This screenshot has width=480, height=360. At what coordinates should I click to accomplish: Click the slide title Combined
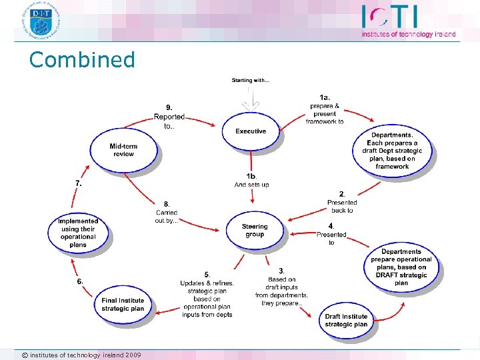[82, 60]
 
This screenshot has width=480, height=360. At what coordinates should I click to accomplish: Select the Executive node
[251, 131]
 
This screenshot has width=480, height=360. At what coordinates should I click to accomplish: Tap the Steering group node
[255, 230]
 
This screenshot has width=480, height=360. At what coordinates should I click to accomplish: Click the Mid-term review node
[123, 150]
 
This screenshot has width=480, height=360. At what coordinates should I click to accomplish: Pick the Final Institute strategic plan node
[123, 305]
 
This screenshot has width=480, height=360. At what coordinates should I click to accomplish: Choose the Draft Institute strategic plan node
[346, 321]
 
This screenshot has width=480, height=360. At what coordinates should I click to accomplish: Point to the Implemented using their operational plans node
[78, 233]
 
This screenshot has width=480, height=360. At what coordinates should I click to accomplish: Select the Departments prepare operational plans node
[401, 267]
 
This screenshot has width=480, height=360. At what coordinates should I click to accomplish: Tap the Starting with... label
[251, 81]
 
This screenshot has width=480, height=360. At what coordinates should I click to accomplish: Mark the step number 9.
[169, 107]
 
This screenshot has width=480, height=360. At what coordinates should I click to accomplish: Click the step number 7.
[79, 182]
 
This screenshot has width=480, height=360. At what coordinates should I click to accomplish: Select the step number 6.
[80, 281]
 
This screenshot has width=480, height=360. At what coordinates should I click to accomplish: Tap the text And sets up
[252, 185]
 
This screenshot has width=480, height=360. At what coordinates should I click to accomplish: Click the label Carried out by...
[166, 216]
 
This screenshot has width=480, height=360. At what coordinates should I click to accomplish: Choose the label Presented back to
[342, 206]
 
